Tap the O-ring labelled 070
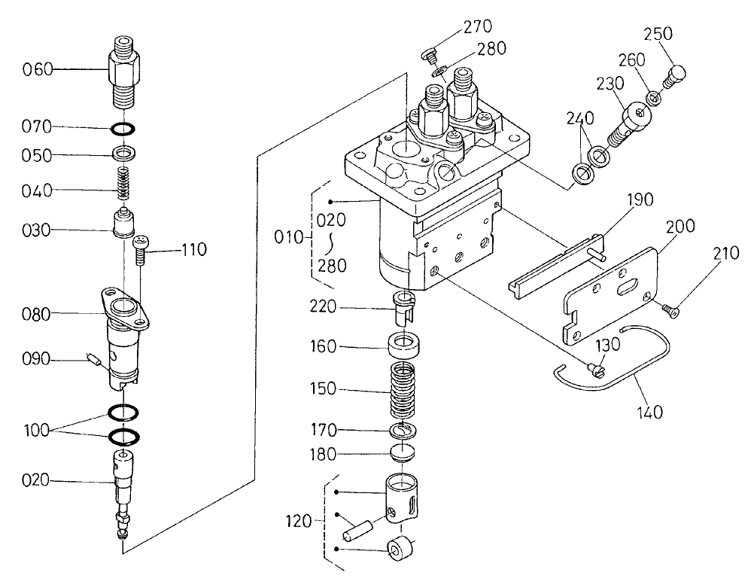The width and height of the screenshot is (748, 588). (x=124, y=128)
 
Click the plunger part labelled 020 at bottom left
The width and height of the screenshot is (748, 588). (x=123, y=482)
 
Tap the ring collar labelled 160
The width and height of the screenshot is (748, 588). (x=406, y=349)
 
